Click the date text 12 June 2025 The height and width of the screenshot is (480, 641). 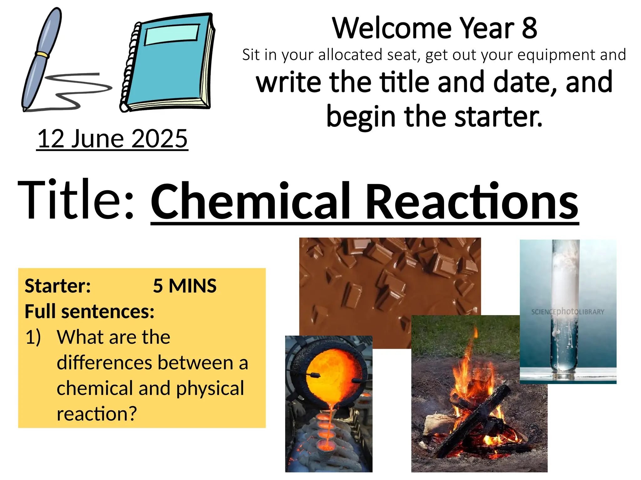[x=112, y=138]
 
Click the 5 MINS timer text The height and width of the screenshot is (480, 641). [x=185, y=286]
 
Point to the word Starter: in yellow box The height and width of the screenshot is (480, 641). [x=58, y=286]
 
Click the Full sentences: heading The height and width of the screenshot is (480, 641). [x=90, y=311]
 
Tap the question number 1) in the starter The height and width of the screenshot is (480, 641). [x=33, y=337]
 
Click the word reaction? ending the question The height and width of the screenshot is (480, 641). [x=97, y=414]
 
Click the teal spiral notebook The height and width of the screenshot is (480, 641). [x=169, y=62]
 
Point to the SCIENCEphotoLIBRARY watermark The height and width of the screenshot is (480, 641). [x=567, y=312]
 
